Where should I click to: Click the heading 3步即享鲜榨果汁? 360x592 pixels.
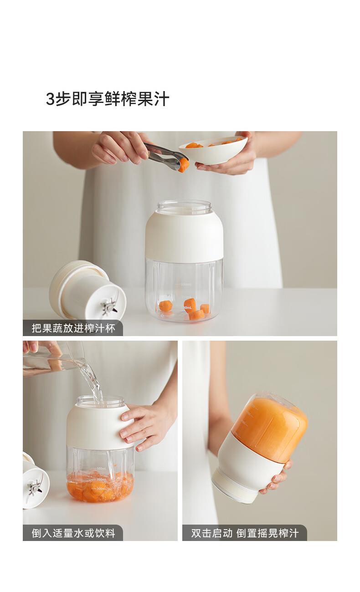click(x=108, y=99)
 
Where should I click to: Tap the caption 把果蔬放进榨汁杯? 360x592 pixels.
click(x=73, y=328)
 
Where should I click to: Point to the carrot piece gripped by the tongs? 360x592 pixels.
click(x=183, y=165)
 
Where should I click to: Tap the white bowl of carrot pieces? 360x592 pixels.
click(x=213, y=149)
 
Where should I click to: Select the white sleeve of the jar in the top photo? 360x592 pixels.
click(x=184, y=236)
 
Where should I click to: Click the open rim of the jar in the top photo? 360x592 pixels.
click(x=185, y=204)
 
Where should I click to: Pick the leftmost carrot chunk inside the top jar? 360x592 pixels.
click(x=165, y=306)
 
